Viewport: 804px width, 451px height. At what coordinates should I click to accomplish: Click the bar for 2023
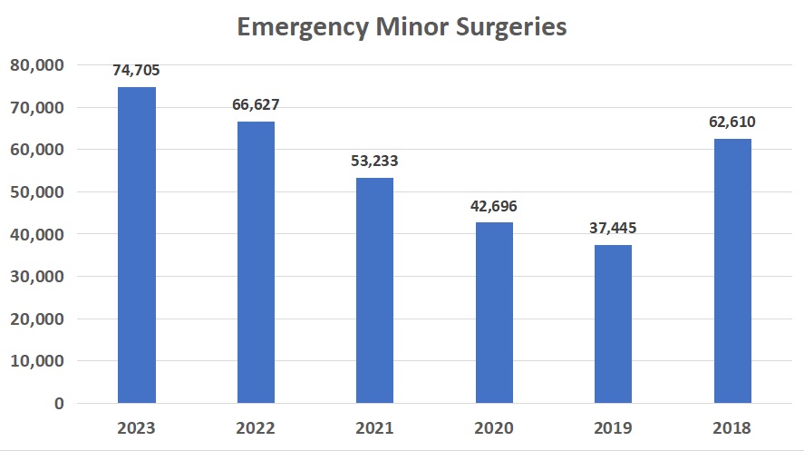click(137, 245)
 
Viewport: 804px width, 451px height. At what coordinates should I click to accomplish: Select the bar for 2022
click(256, 262)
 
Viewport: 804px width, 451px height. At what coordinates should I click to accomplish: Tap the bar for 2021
click(375, 290)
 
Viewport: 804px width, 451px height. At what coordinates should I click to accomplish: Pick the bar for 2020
click(494, 312)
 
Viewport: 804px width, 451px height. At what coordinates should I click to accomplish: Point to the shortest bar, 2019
click(614, 324)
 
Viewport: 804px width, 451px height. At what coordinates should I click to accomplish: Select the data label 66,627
click(256, 105)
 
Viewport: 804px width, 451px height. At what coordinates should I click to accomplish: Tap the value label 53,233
click(375, 162)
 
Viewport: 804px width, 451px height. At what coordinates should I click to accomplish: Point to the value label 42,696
click(494, 206)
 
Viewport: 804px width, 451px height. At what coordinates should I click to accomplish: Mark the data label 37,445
click(614, 228)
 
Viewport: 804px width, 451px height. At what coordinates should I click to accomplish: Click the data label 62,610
click(732, 122)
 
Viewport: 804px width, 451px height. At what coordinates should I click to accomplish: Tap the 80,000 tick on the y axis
click(35, 65)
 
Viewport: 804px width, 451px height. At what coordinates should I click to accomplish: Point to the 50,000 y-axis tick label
click(35, 192)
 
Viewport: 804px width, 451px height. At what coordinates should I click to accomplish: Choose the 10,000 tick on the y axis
click(35, 361)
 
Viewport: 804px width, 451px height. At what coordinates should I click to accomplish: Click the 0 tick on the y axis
click(57, 403)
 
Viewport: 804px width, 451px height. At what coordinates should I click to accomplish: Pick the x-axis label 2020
click(494, 428)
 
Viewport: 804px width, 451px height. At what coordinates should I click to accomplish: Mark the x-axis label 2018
click(732, 428)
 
